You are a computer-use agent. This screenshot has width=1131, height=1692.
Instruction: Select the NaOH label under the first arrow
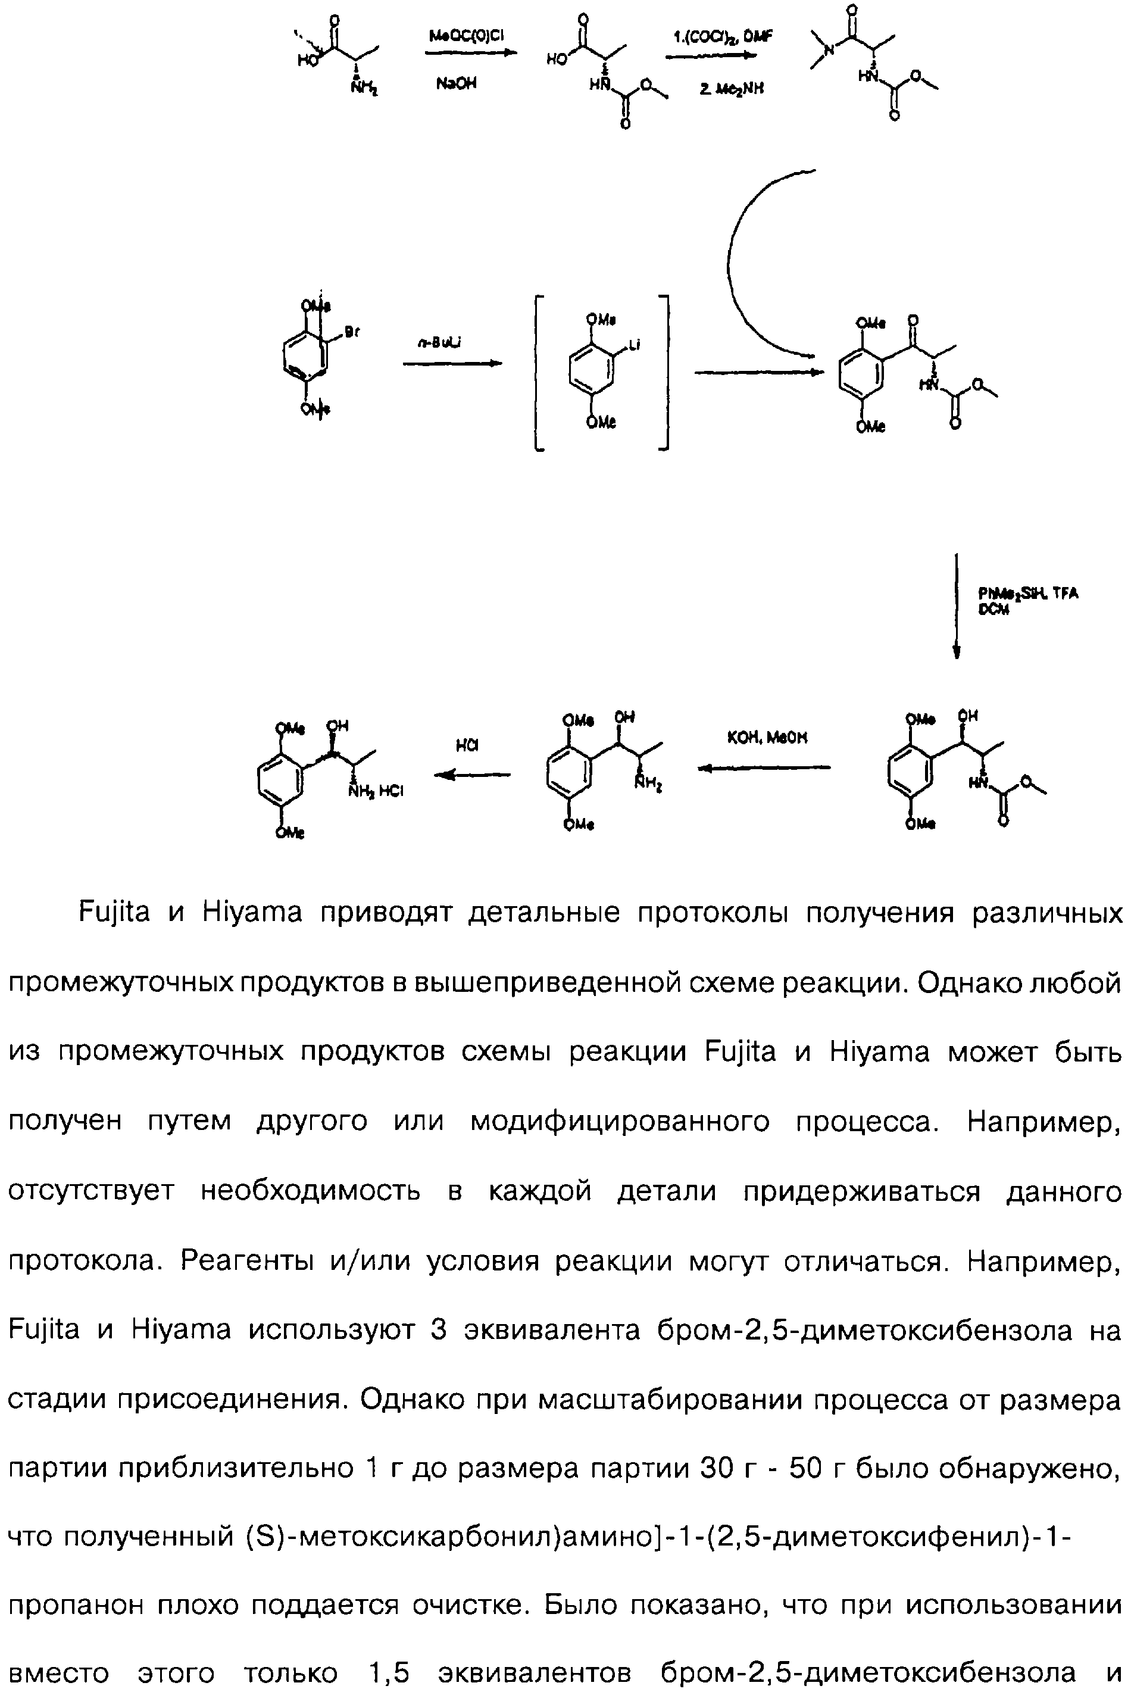pyautogui.click(x=456, y=84)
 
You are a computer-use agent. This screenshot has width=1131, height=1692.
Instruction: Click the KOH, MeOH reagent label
pyautogui.click(x=767, y=737)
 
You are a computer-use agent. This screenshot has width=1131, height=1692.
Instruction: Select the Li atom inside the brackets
pyautogui.click(x=635, y=345)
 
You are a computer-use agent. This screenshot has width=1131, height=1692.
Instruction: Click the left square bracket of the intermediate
pyautogui.click(x=538, y=372)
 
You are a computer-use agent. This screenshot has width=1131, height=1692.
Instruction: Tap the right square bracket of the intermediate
pyautogui.click(x=665, y=372)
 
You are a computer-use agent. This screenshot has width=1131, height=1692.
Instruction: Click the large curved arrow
pyautogui.click(x=743, y=267)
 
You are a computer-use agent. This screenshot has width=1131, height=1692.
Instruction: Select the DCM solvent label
pyautogui.click(x=992, y=610)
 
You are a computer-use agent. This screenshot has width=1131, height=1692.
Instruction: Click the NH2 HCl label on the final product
pyautogui.click(x=376, y=791)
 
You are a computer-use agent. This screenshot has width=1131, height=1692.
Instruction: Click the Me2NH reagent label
pyautogui.click(x=730, y=88)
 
